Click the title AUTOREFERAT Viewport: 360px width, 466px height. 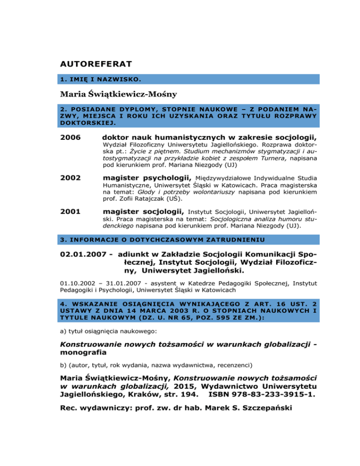tap(96, 63)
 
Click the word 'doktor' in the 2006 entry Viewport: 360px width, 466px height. tap(118, 137)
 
